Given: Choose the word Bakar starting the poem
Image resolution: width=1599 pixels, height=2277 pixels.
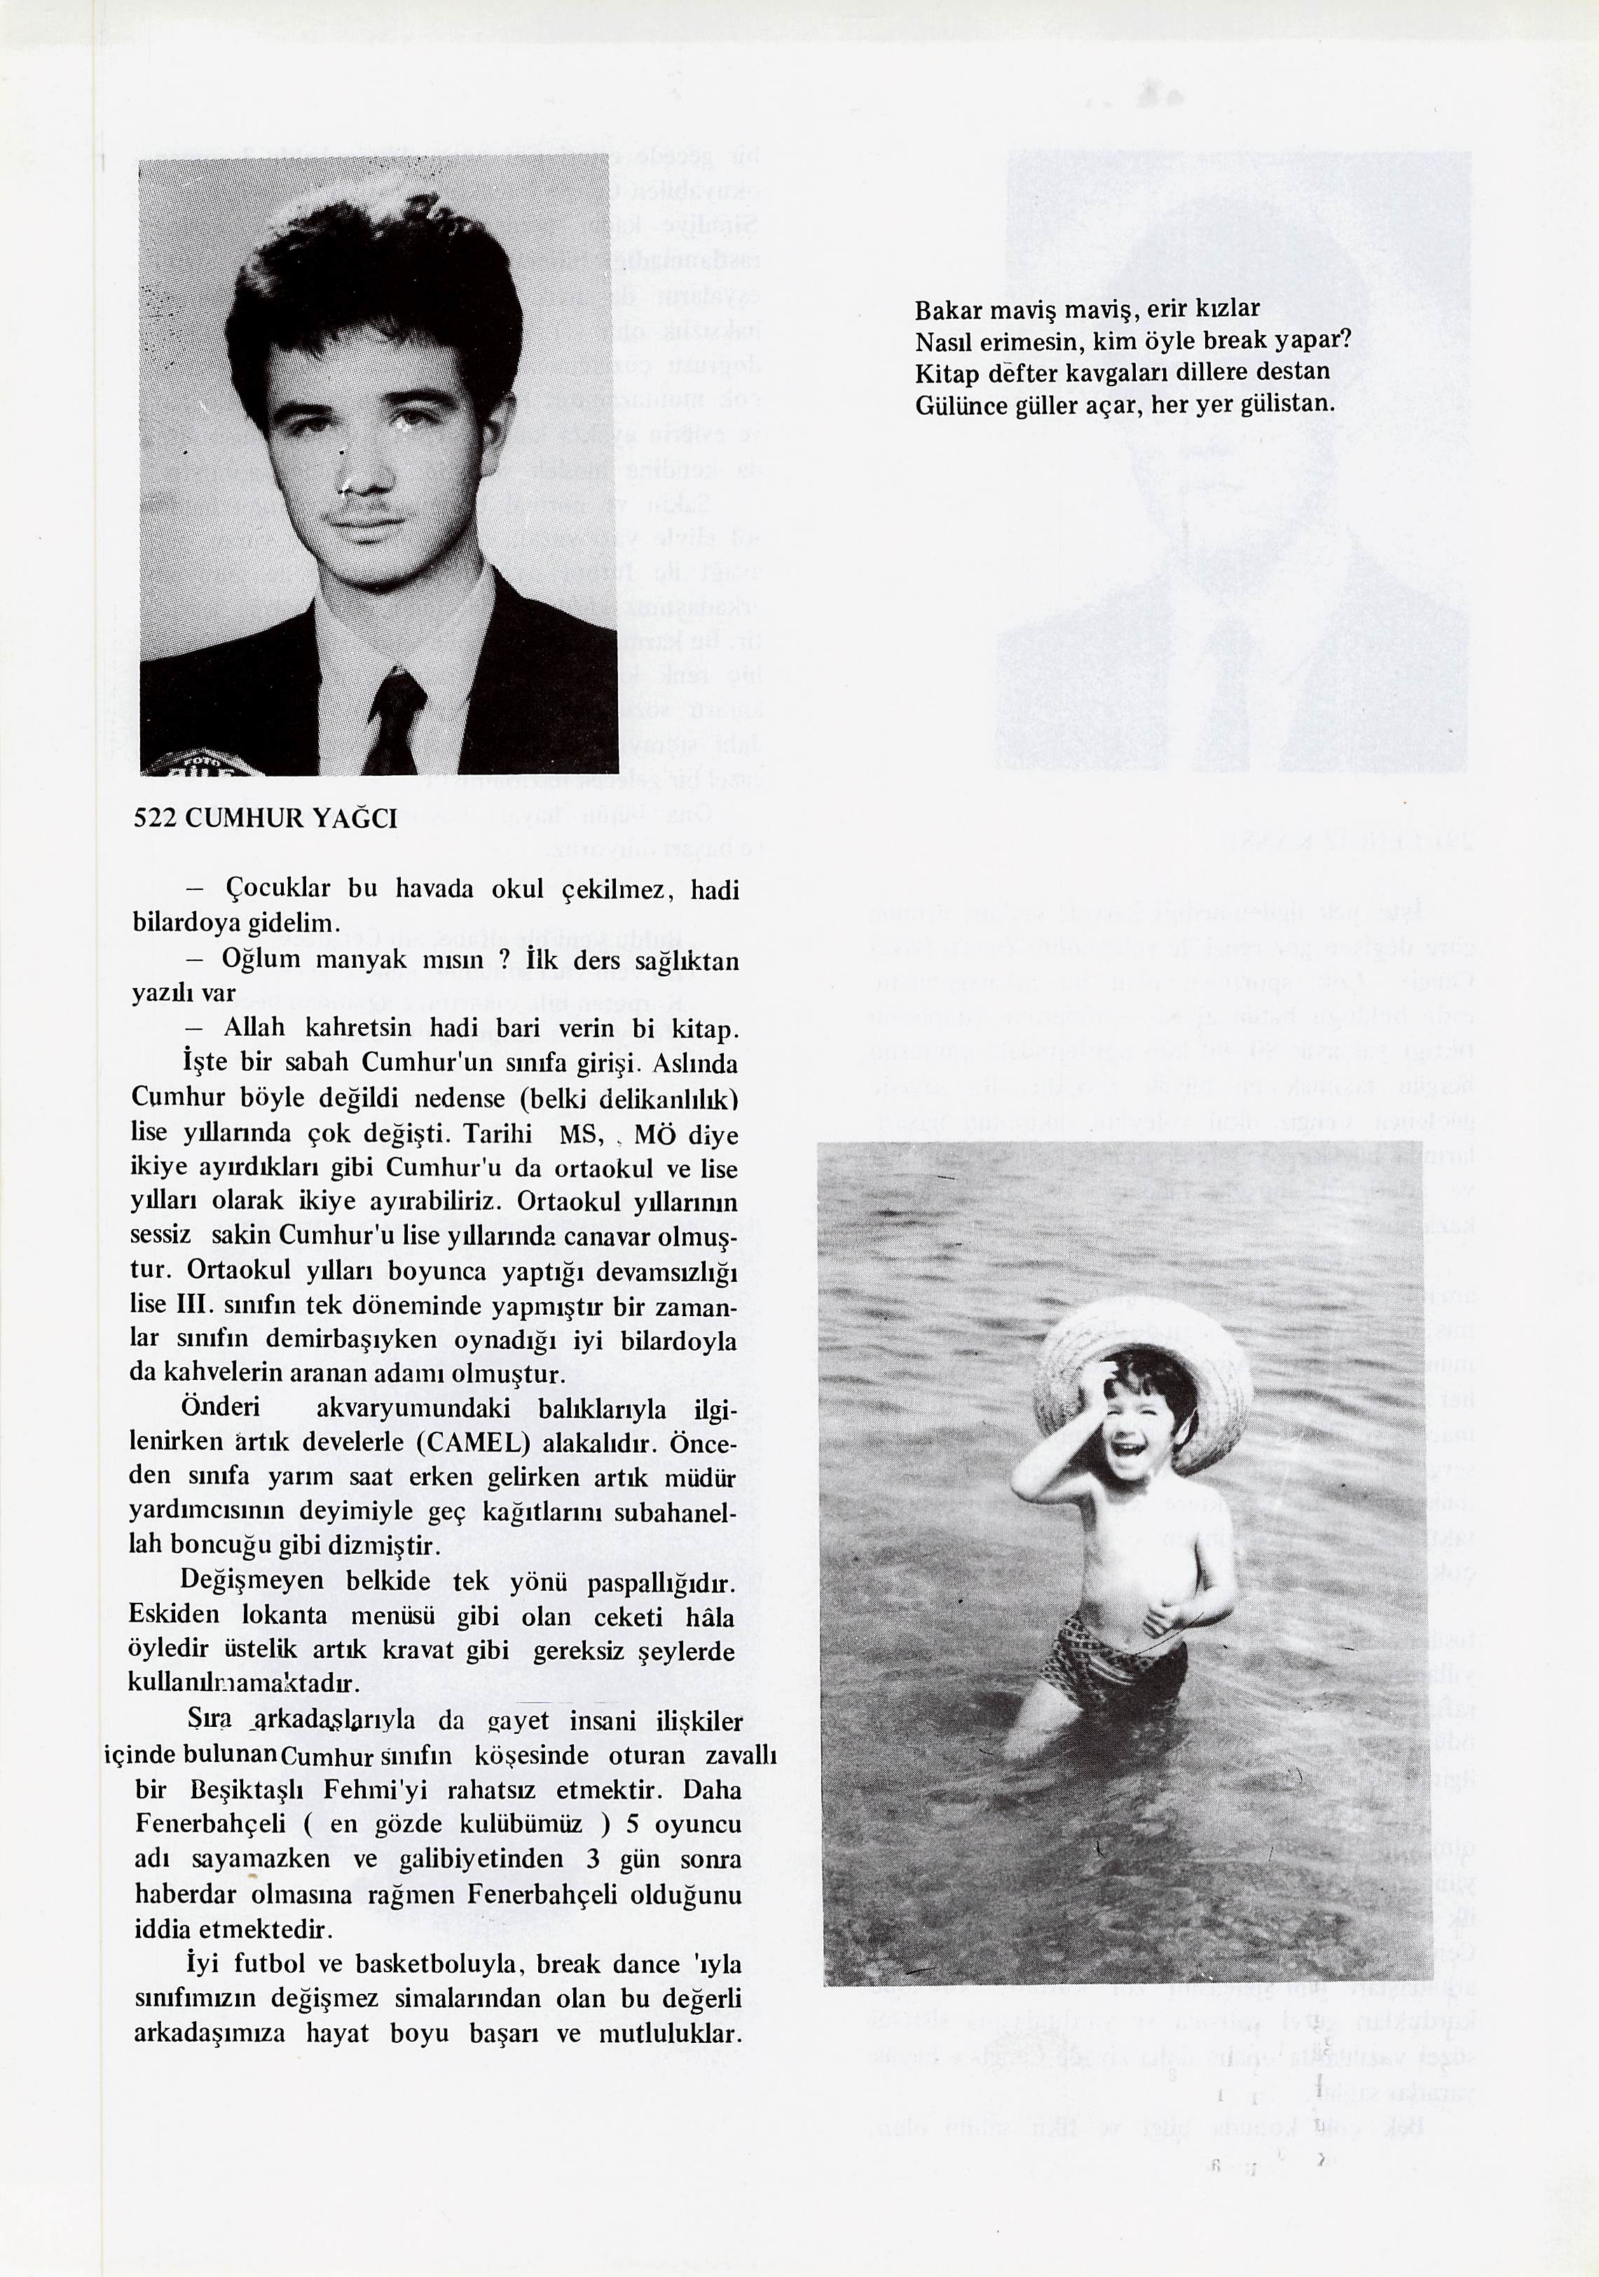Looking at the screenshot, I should click(x=947, y=310).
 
